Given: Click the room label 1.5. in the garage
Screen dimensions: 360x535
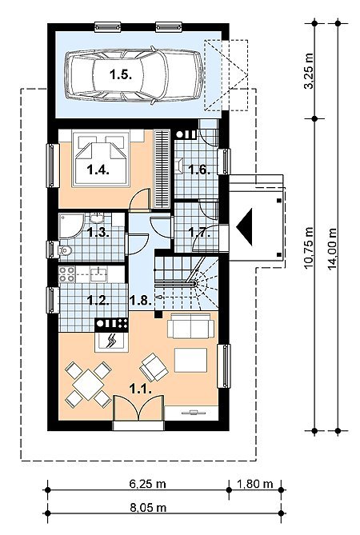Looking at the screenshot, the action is (x=121, y=74).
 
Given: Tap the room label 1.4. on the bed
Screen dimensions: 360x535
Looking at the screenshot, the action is (x=98, y=170).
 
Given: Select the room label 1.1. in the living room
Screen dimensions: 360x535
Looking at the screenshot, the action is (x=140, y=389).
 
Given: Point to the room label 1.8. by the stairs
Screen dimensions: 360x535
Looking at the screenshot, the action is (x=140, y=301).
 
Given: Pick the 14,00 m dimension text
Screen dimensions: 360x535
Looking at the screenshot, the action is (x=332, y=249).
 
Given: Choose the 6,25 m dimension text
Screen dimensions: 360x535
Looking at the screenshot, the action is (x=147, y=484).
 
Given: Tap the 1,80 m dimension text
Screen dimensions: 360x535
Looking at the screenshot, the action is (x=255, y=484).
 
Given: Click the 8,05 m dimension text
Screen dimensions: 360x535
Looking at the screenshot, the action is (x=148, y=507).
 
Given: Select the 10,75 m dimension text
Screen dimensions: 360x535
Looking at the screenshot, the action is (x=309, y=248).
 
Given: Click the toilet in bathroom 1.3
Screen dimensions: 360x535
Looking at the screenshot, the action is (x=64, y=251).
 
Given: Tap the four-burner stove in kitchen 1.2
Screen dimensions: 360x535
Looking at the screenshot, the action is (x=67, y=274).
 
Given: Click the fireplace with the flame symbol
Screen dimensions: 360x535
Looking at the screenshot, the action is (x=111, y=341).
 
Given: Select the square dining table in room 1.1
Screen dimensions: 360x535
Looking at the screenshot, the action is (x=88, y=385).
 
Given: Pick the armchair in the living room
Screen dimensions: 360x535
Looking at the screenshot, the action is (x=154, y=367).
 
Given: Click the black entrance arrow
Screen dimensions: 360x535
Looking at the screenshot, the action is (x=245, y=227).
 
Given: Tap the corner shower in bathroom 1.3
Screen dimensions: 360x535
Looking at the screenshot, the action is (x=71, y=226).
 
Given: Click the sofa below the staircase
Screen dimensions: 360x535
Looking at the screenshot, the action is (x=190, y=325).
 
